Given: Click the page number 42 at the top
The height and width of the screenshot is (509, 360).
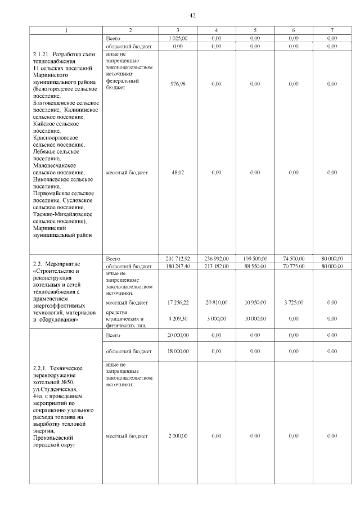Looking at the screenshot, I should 192,15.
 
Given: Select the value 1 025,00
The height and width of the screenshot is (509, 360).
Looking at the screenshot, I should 178,38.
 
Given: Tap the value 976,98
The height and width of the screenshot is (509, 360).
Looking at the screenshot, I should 178,84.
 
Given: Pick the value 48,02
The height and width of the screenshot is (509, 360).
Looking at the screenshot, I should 178,173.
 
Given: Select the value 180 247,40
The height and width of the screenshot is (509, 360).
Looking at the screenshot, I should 178,266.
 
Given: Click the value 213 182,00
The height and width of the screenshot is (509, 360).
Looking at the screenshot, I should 217,266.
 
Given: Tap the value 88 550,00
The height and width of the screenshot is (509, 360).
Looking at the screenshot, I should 255,266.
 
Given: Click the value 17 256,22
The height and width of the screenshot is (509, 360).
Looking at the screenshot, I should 178,303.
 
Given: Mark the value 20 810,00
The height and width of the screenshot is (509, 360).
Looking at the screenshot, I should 217,303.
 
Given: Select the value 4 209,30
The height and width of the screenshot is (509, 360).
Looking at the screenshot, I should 178,318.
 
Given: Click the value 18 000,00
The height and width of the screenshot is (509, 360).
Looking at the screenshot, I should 178,352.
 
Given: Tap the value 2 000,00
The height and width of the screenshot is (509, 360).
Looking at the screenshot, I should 178,436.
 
